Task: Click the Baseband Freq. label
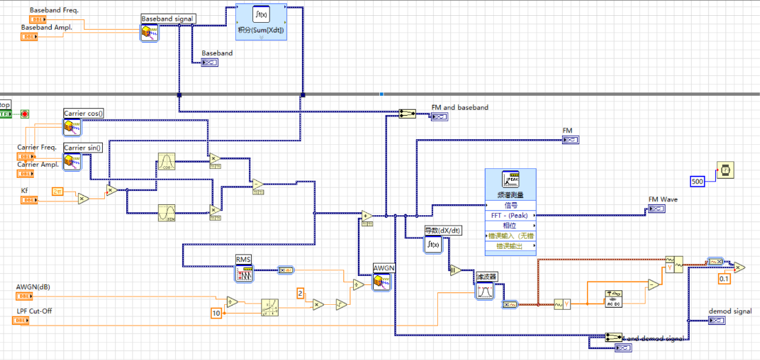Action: [54, 10]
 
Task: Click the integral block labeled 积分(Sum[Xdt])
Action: [261, 22]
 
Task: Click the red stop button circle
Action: [25, 114]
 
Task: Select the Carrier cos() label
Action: [83, 113]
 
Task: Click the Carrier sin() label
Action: [83, 148]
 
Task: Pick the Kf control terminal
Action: [29, 200]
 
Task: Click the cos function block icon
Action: [166, 161]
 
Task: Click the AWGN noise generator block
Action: [381, 281]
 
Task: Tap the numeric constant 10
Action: [216, 314]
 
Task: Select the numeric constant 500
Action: [698, 181]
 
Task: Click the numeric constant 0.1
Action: [723, 279]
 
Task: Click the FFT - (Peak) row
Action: [510, 215]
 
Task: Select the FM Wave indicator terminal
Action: [656, 209]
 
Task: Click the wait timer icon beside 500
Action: [724, 170]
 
